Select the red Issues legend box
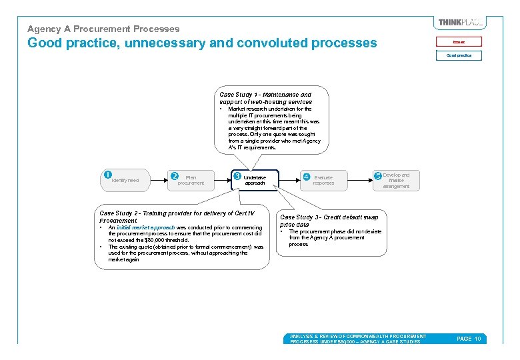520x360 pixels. [x=459, y=42]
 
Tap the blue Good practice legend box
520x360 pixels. [x=459, y=55]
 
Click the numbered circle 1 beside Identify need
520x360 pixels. [x=107, y=175]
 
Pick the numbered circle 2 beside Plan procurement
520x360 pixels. [x=175, y=177]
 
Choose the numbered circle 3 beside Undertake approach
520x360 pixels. [x=237, y=176]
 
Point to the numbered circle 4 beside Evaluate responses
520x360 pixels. [x=306, y=177]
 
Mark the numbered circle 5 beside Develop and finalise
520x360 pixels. [x=378, y=176]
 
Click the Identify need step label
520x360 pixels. [x=125, y=180]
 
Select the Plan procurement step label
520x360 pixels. [x=191, y=180]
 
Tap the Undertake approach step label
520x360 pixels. [x=255, y=180]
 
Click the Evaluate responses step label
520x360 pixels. [x=323, y=180]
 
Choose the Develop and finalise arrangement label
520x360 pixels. [x=397, y=181]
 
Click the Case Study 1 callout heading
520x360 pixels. [x=265, y=98]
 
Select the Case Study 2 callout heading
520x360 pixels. [x=177, y=216]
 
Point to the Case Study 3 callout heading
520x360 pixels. [x=329, y=221]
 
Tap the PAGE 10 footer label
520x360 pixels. [x=469, y=339]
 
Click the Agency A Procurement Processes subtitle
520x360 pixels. [x=103, y=29]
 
